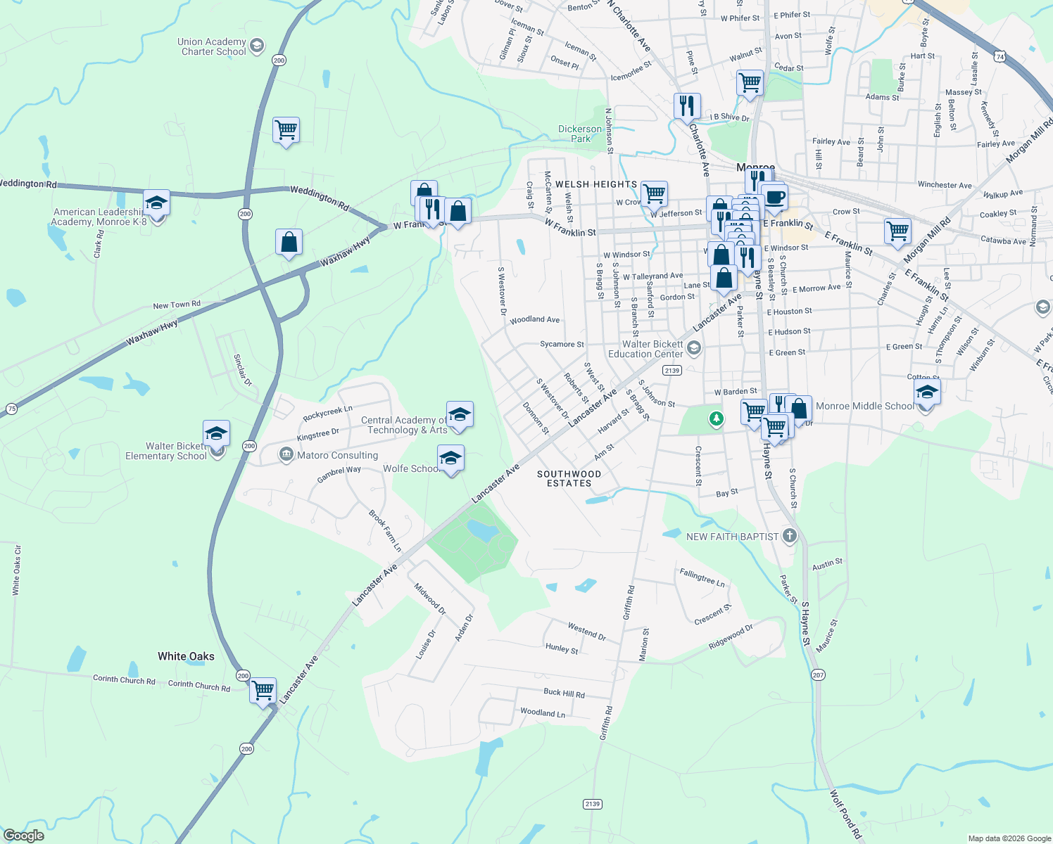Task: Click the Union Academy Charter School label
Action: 212,46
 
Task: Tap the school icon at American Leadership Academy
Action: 156,203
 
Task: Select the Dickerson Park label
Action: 580,134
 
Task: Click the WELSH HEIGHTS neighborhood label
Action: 596,184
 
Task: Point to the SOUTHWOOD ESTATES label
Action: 569,478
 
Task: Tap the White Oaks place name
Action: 186,656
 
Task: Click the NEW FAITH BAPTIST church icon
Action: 789,536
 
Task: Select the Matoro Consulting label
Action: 337,455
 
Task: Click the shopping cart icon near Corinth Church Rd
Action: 263,691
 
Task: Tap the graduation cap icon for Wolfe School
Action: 450,459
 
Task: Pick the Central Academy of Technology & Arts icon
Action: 460,415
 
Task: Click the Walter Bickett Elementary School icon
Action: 216,433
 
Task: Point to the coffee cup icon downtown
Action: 774,198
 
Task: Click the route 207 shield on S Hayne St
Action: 817,674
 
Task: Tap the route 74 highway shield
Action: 1000,55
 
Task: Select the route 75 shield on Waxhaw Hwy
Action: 11,409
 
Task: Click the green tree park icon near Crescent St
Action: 716,419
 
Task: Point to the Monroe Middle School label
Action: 864,406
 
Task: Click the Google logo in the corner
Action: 23,836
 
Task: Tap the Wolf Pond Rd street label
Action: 845,814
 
